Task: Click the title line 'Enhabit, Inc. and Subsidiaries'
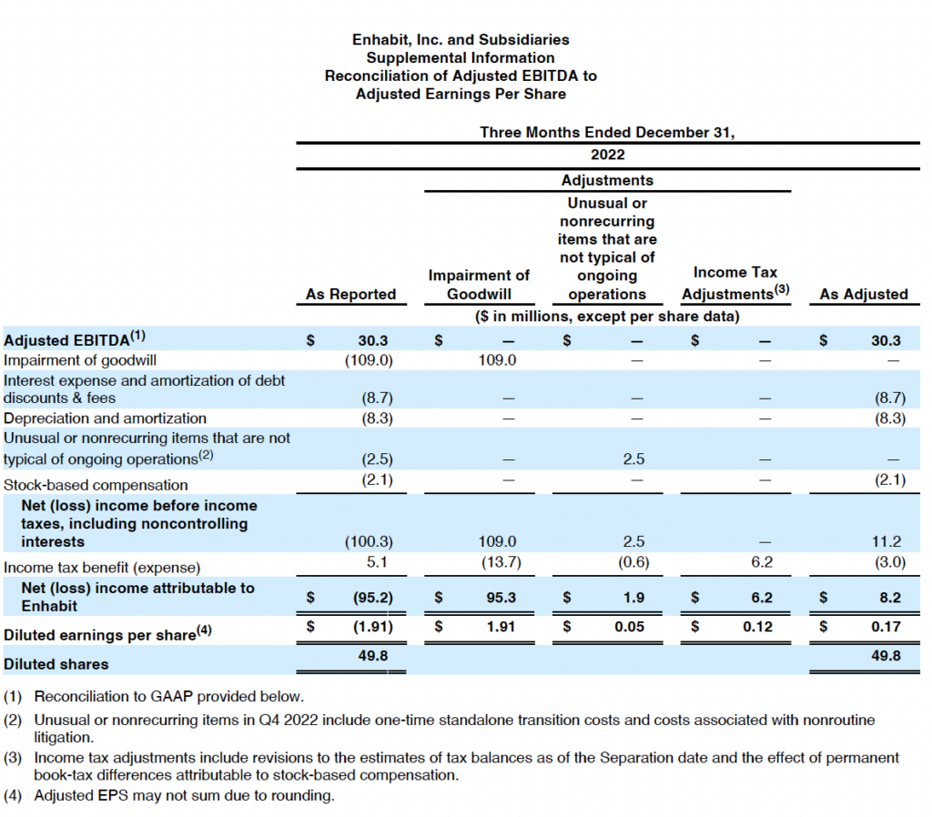click(461, 40)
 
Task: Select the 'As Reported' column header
click(350, 294)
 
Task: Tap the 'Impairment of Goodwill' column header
click(479, 285)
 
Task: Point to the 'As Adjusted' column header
click(863, 294)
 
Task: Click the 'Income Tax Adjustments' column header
click(735, 284)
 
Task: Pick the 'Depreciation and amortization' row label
click(106, 419)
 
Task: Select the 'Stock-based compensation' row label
click(96, 485)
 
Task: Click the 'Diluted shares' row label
click(56, 663)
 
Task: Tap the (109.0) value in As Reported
click(369, 360)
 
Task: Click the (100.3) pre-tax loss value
click(369, 542)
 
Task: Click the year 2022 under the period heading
click(607, 155)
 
